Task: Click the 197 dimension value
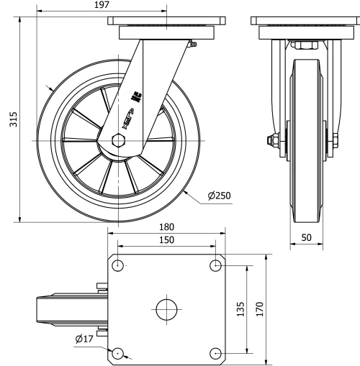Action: [101, 5]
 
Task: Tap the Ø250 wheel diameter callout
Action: [219, 196]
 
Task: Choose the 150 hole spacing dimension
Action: [166, 240]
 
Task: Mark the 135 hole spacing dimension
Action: [240, 309]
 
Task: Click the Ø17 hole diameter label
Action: [85, 339]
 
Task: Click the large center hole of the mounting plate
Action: [167, 309]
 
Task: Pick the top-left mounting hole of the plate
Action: [118, 266]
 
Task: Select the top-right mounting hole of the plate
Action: [215, 266]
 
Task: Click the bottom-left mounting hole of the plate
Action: [118, 352]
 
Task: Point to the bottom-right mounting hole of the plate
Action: [215, 352]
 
